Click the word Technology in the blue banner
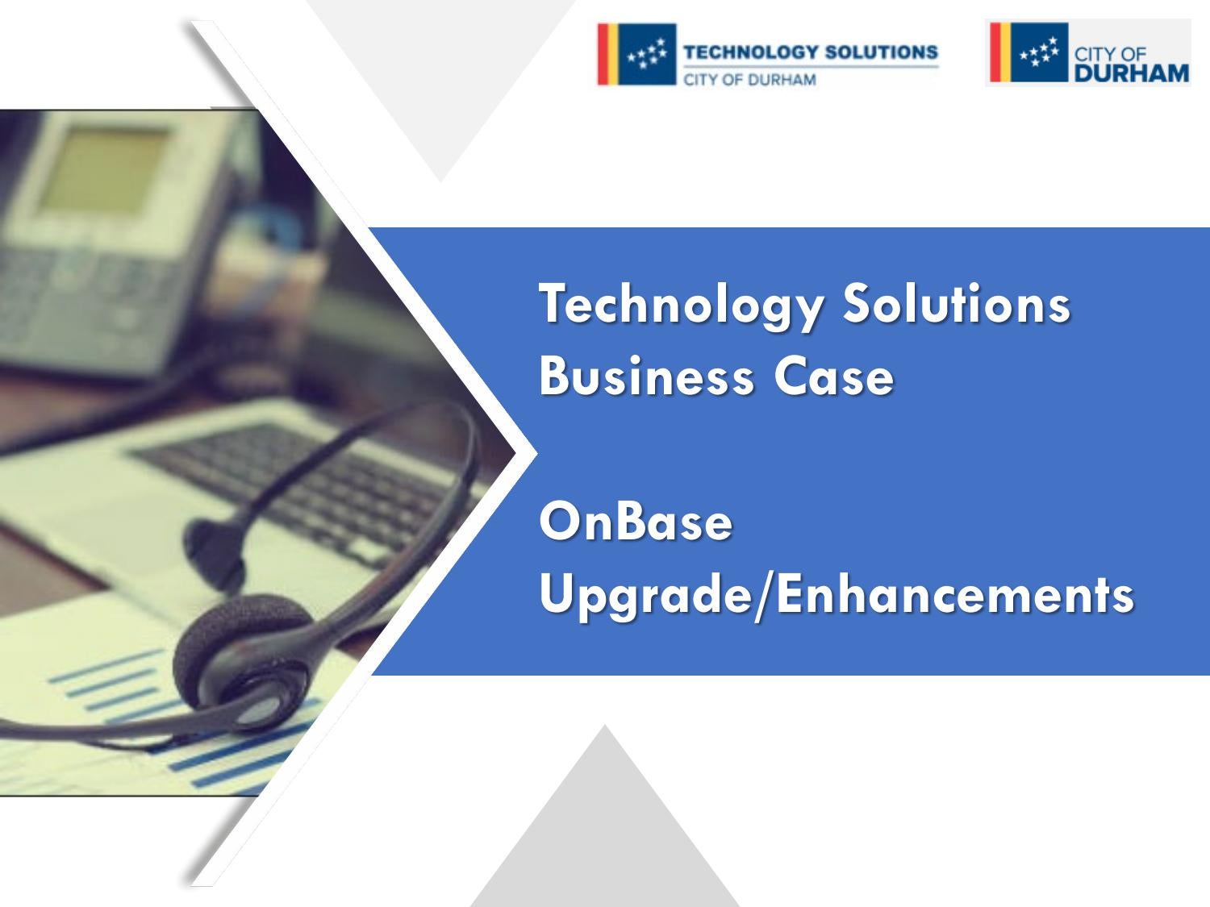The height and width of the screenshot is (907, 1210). click(x=682, y=305)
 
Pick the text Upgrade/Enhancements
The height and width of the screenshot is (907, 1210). click(x=837, y=597)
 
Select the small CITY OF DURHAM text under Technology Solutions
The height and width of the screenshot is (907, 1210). click(x=749, y=80)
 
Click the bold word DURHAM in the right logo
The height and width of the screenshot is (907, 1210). click(x=1131, y=73)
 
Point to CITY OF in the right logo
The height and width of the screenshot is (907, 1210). click(x=1110, y=54)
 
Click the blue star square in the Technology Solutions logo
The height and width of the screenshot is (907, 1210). click(x=646, y=54)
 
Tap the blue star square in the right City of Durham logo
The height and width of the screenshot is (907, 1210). click(x=1038, y=52)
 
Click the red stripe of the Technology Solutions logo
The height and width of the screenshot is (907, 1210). click(x=603, y=54)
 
